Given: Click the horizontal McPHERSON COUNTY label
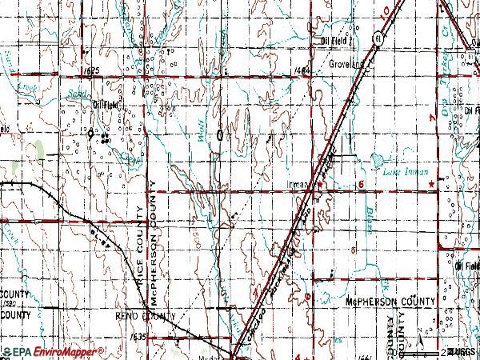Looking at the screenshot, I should [x=390, y=302].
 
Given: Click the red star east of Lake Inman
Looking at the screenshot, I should [x=433, y=185].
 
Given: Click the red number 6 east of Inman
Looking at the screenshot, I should [x=362, y=184].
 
